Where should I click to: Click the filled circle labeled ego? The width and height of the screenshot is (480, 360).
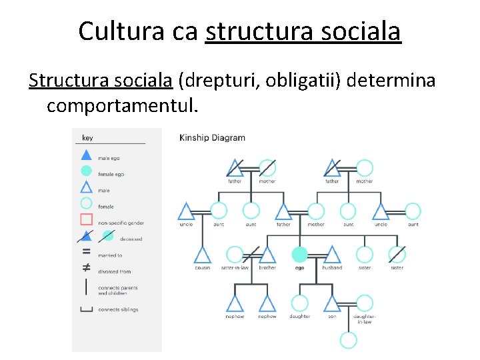pos(299,254)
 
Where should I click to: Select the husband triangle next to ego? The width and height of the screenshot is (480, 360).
pos(332,254)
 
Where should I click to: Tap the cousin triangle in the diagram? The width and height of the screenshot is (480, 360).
pos(202,254)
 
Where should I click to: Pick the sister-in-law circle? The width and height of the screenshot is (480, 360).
pos(235,254)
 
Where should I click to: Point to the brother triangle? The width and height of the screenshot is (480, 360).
pos(267,254)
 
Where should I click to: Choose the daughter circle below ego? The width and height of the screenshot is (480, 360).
pos(299,303)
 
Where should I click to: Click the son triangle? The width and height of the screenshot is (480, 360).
pos(332,303)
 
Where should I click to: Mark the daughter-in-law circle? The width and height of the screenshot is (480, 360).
pos(365,303)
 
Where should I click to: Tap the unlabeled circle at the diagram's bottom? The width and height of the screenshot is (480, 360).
pos(349,340)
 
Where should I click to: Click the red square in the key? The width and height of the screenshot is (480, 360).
pos(86,219)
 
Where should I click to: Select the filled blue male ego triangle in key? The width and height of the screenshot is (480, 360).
pos(86,155)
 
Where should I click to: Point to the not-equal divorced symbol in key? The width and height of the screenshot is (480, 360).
pos(86,268)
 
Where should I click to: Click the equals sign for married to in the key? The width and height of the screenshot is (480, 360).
pos(86,252)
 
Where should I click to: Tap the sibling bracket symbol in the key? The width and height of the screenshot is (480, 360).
pos(86,309)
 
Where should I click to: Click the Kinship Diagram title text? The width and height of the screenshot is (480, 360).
pos(212,138)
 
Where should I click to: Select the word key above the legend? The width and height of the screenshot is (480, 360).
pos(87,138)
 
